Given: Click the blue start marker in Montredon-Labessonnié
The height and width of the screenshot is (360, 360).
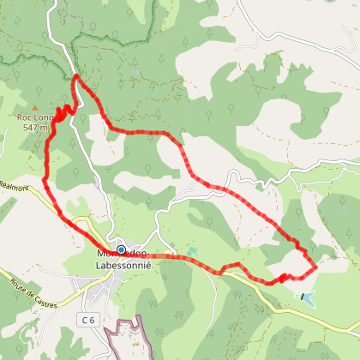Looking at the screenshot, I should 121,250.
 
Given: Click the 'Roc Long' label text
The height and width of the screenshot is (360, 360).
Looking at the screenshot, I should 33,117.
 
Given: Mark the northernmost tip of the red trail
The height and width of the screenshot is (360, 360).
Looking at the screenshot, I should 76,77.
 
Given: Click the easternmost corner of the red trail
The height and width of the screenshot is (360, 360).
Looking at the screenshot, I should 315,267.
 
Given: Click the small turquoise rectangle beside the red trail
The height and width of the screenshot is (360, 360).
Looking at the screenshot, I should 193,249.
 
